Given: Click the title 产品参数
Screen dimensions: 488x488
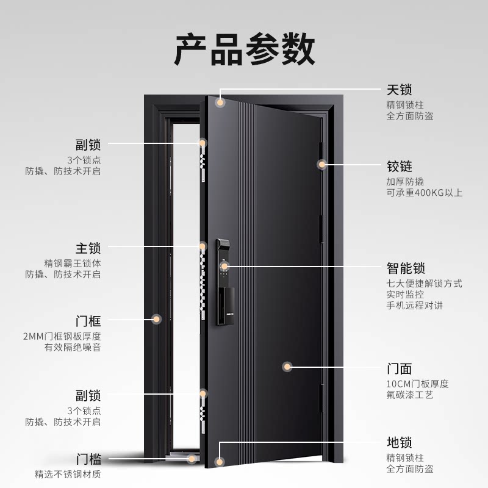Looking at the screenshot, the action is [x=245, y=49].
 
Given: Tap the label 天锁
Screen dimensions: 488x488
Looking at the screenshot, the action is [x=400, y=90].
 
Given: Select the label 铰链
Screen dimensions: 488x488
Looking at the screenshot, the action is [x=400, y=166].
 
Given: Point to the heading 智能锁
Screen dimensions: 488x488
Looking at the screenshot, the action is [x=406, y=268].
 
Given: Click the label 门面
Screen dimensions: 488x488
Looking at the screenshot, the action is [x=400, y=369].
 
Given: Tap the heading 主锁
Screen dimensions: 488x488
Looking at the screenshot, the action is [x=88, y=248].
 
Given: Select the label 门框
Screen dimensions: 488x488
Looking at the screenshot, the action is [x=88, y=321].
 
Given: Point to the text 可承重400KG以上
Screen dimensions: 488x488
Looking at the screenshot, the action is [x=424, y=193].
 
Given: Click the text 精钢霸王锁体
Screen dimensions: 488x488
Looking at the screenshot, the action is [x=73, y=263].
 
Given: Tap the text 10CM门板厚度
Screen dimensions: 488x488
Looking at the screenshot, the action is [x=418, y=384].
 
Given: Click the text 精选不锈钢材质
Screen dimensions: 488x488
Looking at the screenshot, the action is [x=68, y=474].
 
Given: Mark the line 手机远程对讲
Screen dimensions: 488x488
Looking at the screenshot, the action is [x=414, y=306].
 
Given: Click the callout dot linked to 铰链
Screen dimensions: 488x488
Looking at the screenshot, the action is [x=322, y=164].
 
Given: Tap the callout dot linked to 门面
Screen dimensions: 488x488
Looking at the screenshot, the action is [x=287, y=367].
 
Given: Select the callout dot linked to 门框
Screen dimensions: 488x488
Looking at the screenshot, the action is [x=156, y=318].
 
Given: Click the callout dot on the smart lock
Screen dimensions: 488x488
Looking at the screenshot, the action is [x=224, y=267].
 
